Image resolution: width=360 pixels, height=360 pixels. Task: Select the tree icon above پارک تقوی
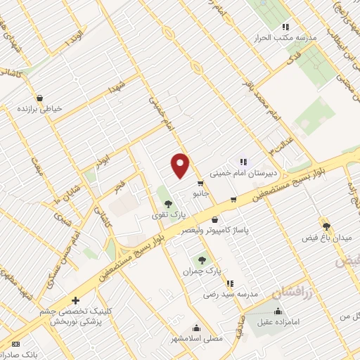click(167, 204)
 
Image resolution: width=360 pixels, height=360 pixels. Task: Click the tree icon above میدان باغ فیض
click(326, 225)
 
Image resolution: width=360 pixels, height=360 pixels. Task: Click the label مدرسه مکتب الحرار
click(309, 37)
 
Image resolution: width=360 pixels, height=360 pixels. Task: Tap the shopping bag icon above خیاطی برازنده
click(39, 97)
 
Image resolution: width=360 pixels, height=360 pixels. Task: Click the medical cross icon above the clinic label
click(75, 301)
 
